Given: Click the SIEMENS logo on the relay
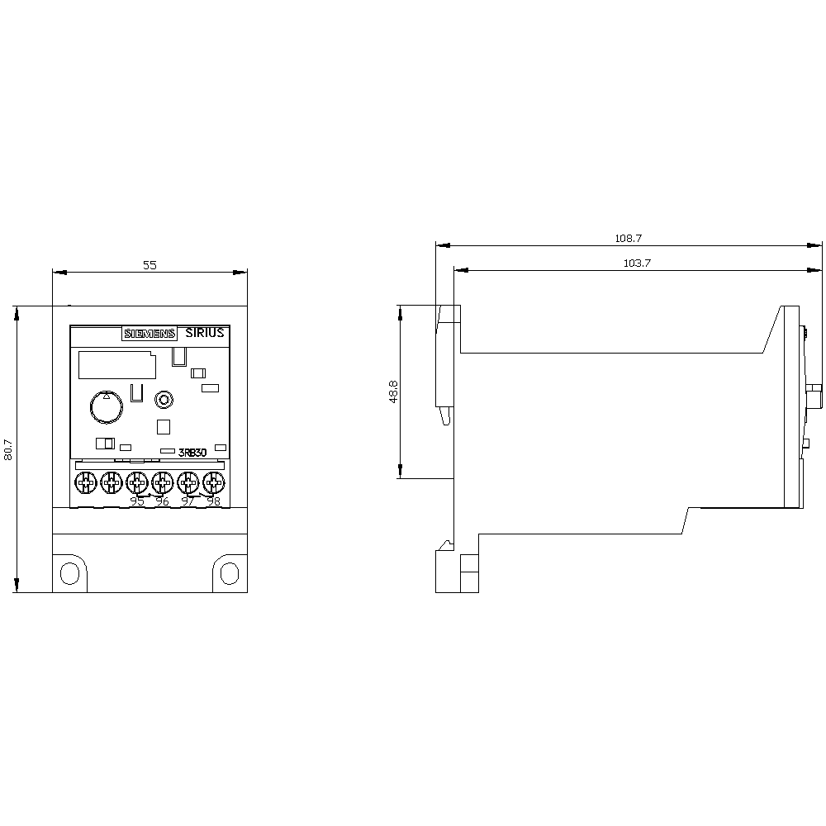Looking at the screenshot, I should pyautogui.click(x=150, y=334).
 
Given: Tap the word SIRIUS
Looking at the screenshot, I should pyautogui.click(x=204, y=333).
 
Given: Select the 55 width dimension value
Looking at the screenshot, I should pyautogui.click(x=150, y=265).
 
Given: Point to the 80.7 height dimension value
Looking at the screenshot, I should pyautogui.click(x=9, y=449).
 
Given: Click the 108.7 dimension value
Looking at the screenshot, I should pyautogui.click(x=628, y=238).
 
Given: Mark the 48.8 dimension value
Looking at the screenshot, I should pyautogui.click(x=394, y=392).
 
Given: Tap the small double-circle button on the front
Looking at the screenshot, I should pyautogui.click(x=164, y=401).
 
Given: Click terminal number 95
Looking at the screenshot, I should pyautogui.click(x=137, y=501).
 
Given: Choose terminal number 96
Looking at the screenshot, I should pyautogui.click(x=163, y=501).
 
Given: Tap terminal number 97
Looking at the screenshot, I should pyautogui.click(x=188, y=501).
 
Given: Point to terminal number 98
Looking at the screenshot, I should pyautogui.click(x=213, y=501).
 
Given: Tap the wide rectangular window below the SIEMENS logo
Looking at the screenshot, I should pyautogui.click(x=116, y=364).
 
